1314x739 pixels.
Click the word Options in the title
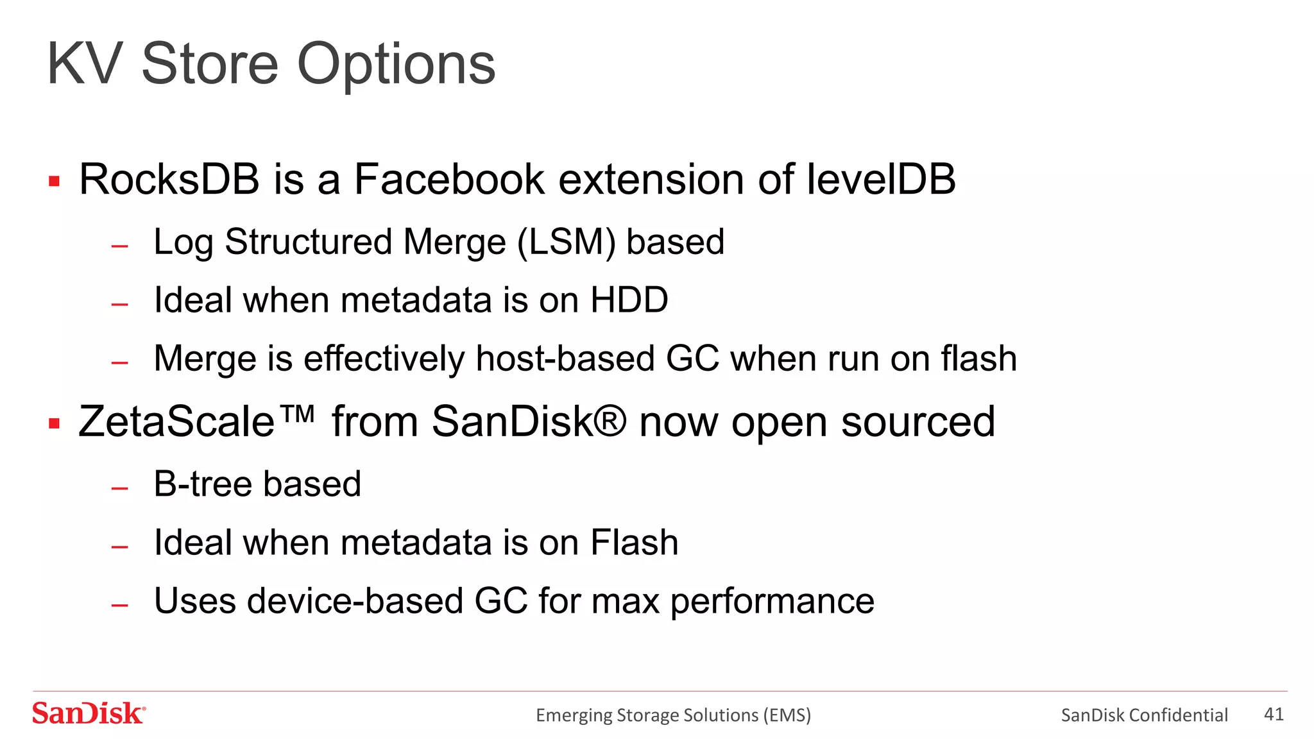(x=396, y=65)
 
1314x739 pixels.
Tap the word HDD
(x=629, y=300)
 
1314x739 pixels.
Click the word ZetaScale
(x=176, y=422)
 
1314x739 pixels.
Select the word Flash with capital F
(x=634, y=543)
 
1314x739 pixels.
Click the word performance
(x=772, y=602)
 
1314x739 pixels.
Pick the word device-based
(x=355, y=602)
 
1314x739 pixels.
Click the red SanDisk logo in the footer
(x=89, y=713)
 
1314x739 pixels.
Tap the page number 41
(x=1274, y=714)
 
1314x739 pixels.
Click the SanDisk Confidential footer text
(x=1144, y=715)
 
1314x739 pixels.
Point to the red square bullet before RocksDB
(x=55, y=182)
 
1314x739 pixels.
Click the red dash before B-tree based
(x=120, y=489)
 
